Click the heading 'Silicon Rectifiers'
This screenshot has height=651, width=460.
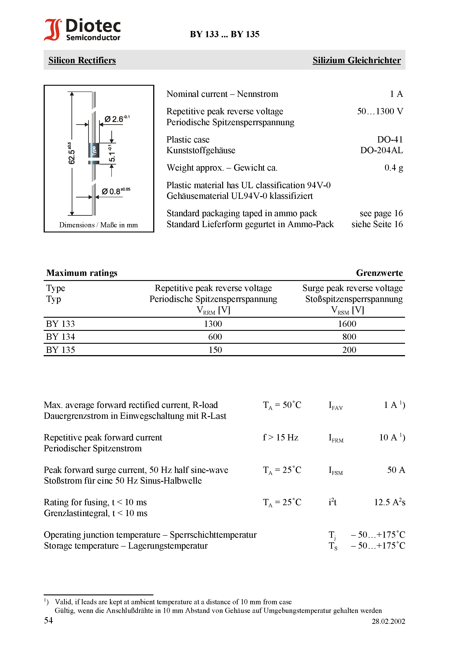(x=82, y=60)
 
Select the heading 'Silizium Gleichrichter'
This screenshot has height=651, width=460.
(x=356, y=60)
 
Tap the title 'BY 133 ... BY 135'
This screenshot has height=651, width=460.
(x=224, y=34)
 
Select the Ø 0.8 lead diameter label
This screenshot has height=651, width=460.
(x=115, y=191)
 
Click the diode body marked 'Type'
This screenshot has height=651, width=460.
(x=94, y=151)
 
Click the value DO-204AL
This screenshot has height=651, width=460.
(x=381, y=150)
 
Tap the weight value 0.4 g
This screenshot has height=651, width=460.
(x=393, y=168)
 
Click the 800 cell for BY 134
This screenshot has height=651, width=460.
(x=349, y=337)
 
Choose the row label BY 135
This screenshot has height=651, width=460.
(x=60, y=350)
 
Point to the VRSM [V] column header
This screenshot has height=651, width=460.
(x=347, y=310)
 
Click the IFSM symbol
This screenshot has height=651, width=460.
(x=336, y=471)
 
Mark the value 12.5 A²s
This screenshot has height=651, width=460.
(x=389, y=502)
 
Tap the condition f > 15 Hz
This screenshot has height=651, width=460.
(x=280, y=437)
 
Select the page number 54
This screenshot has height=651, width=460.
(x=49, y=620)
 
